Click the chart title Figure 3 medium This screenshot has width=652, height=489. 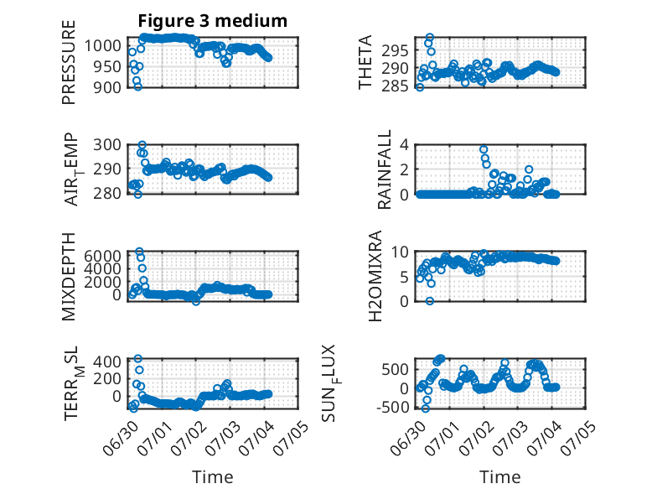point(213,20)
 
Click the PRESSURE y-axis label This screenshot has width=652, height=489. point(69,62)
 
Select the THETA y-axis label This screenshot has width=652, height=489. point(365,62)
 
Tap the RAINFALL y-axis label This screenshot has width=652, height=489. point(384,169)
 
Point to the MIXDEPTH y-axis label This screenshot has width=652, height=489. point(69,277)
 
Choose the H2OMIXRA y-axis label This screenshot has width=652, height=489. point(375,276)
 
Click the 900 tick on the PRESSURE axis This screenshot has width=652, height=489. point(107,87)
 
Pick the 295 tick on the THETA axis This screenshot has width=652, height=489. point(395,51)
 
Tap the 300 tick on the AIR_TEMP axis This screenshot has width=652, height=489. point(107,145)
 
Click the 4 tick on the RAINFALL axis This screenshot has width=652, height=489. point(404,145)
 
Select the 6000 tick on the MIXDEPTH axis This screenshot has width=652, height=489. point(103,255)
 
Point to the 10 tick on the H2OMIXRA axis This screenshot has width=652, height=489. point(400,252)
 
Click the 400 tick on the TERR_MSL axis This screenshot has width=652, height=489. point(107,361)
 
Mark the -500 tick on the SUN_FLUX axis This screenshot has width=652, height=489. point(393,408)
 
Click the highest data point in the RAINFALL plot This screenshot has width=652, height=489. point(484,149)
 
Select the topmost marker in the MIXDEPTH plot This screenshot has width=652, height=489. point(140,252)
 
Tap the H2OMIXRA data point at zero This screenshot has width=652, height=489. point(430,301)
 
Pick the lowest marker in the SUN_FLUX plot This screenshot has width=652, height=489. point(425,408)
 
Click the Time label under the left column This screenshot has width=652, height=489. point(213,477)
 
